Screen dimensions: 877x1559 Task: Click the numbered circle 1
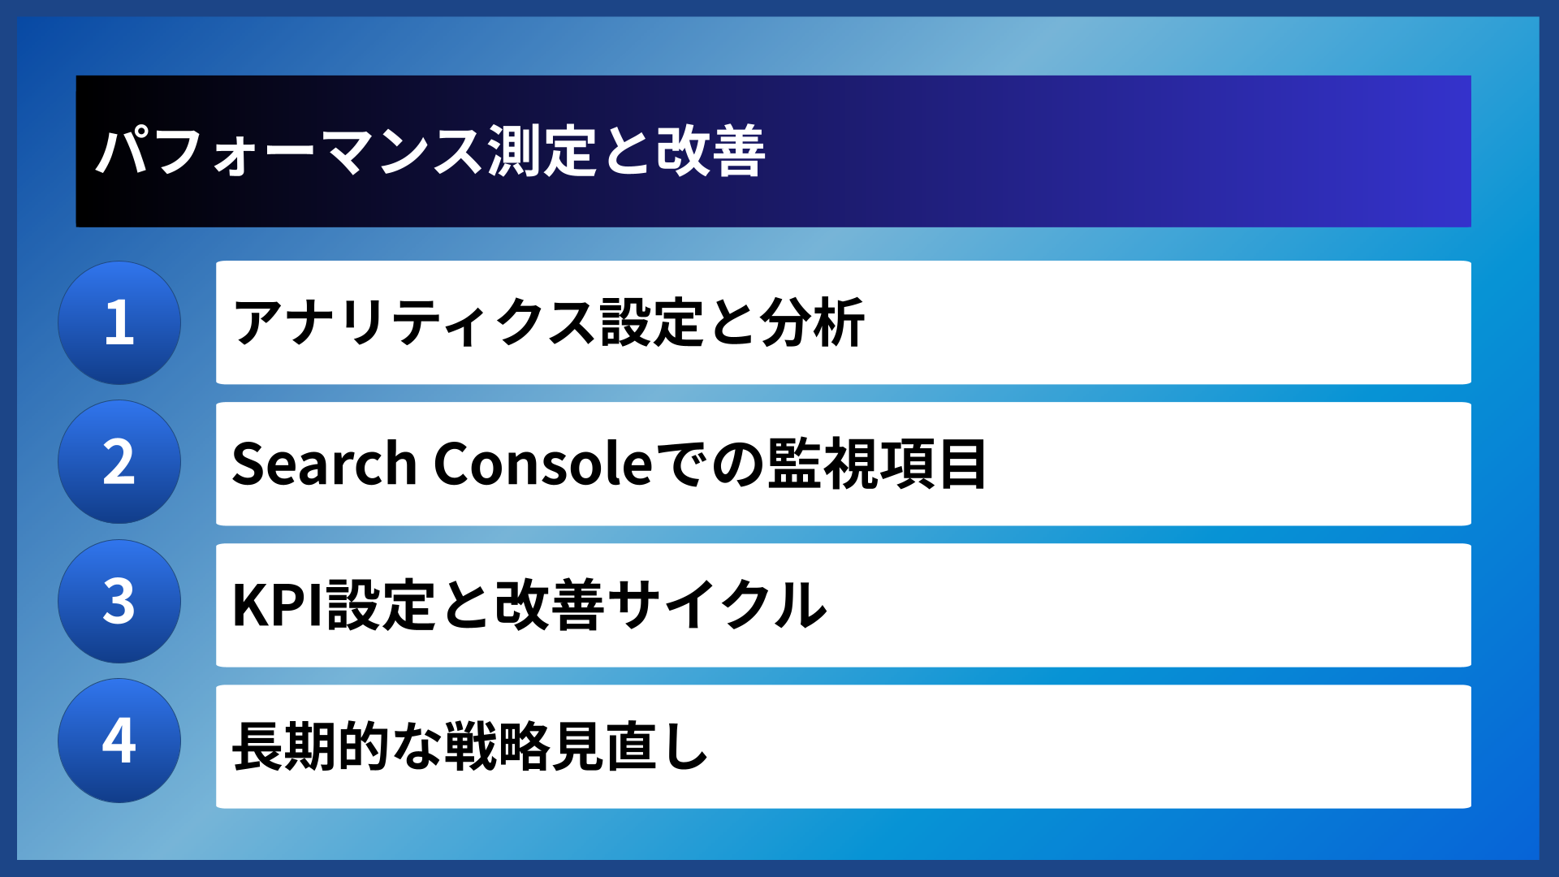coord(119,322)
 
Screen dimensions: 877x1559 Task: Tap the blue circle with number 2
coord(119,462)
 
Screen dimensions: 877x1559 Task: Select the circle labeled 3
coord(119,602)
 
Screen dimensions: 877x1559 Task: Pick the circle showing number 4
coord(119,741)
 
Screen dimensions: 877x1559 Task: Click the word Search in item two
coord(324,464)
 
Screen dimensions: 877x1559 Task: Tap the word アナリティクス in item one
coord(415,323)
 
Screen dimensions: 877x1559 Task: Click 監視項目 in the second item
coord(877,464)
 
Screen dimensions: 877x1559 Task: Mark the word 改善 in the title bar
coord(710,152)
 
